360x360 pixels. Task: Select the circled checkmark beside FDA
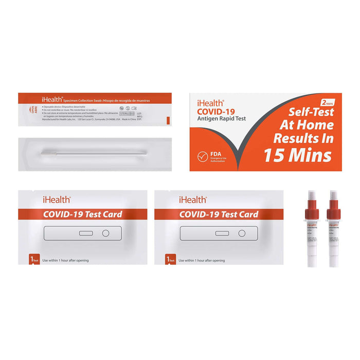pos(203,157)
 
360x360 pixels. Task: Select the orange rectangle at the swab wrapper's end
pos(168,120)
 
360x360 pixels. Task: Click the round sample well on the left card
pos(106,233)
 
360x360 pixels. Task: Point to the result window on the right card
pos(222,233)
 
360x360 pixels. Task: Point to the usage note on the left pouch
pos(65,260)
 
